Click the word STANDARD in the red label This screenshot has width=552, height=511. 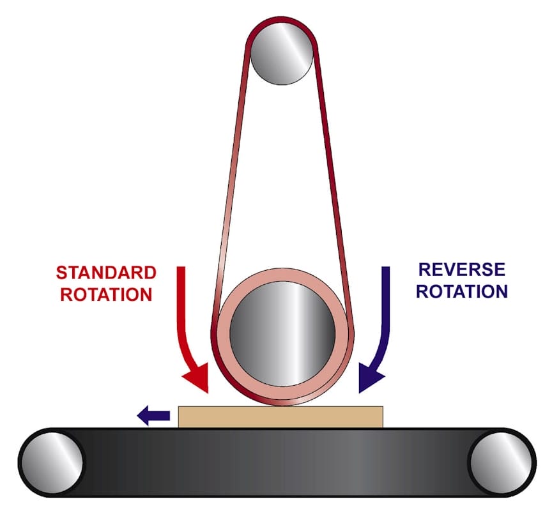point(106,273)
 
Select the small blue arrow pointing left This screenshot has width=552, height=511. point(153,416)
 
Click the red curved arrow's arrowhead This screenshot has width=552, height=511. point(199,379)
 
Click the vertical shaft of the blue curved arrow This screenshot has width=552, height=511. point(386,300)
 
